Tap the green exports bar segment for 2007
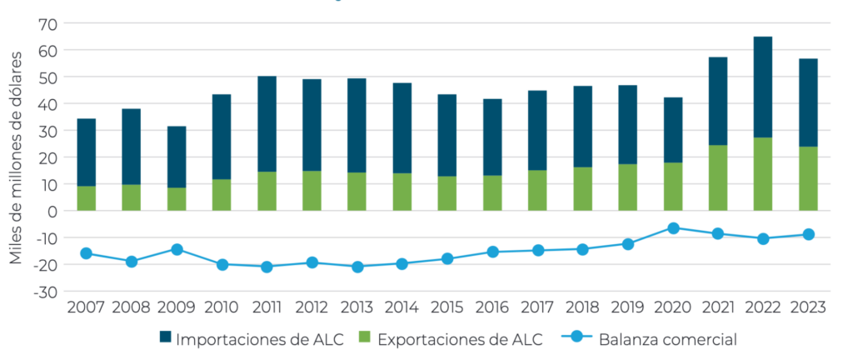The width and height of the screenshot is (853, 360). click(x=86, y=197)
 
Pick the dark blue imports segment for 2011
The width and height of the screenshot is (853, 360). click(x=267, y=124)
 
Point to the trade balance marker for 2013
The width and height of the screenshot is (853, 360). click(x=357, y=267)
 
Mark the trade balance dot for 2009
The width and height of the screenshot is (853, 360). click(x=177, y=249)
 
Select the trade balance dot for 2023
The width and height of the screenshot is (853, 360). click(x=808, y=234)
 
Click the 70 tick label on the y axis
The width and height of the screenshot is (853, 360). click(x=46, y=23)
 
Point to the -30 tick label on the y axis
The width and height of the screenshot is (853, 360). click(x=43, y=292)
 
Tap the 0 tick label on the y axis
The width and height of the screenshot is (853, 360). click(x=52, y=211)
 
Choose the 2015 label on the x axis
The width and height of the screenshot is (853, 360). click(x=447, y=307)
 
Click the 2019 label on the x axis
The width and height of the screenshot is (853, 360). click(x=628, y=307)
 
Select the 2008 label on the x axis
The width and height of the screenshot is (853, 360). click(x=131, y=307)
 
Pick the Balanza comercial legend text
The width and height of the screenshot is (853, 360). click(x=667, y=339)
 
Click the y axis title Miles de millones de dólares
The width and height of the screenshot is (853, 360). click(x=17, y=157)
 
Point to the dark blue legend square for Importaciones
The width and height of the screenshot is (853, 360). click(x=166, y=338)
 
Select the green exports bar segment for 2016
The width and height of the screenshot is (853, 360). click(x=492, y=192)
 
